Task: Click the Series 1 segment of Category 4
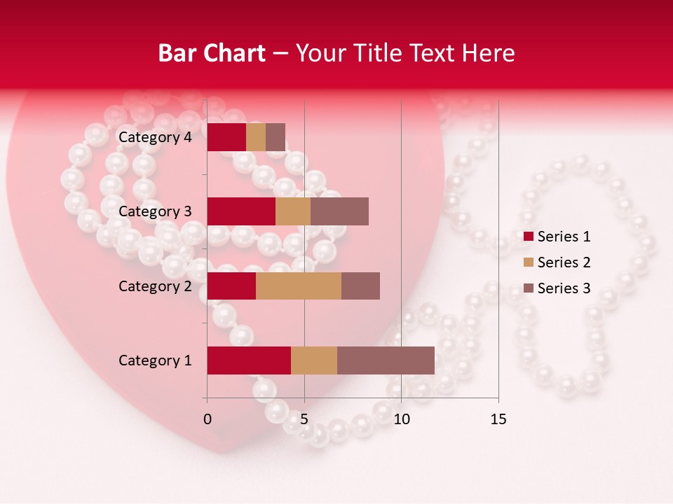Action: tap(226, 137)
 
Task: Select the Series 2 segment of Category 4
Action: tap(256, 137)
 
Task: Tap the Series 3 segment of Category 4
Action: tap(276, 137)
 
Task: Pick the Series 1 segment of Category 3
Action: tap(241, 211)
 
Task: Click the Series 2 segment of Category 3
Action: tap(293, 211)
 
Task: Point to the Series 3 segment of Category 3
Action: tap(339, 211)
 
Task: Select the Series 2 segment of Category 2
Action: tap(299, 286)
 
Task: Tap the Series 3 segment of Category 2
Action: tap(360, 286)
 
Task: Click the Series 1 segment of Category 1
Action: tap(249, 360)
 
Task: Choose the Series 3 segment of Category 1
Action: tap(386, 360)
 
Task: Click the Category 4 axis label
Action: tap(155, 137)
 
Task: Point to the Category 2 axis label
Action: tap(155, 286)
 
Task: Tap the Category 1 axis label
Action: tap(155, 360)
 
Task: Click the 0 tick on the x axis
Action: tap(208, 419)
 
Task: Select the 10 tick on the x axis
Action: tap(401, 419)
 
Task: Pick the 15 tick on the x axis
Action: tap(498, 419)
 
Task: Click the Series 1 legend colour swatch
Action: tap(529, 237)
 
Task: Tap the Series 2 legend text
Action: tap(564, 262)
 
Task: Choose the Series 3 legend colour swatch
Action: tap(529, 288)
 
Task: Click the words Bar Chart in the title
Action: tap(212, 53)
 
